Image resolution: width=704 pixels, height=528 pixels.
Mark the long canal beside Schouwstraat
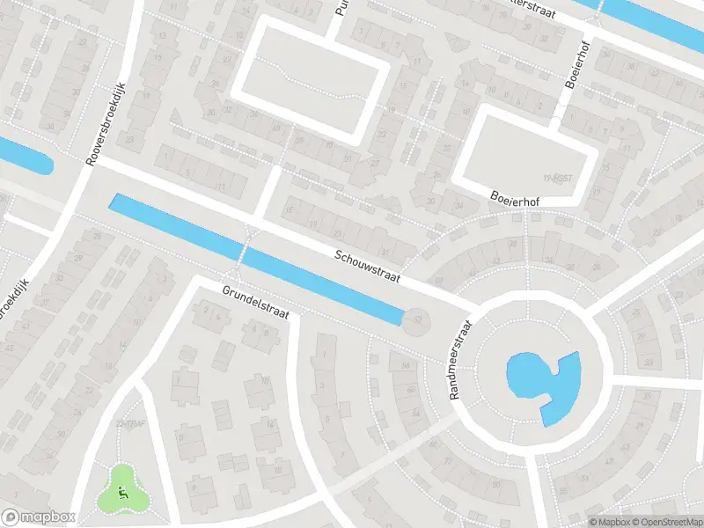tap(255, 260)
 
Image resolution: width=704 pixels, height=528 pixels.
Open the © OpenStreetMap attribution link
tap(668, 521)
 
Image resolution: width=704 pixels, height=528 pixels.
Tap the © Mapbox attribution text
tap(610, 521)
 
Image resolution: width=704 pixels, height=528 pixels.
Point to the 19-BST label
tap(552, 177)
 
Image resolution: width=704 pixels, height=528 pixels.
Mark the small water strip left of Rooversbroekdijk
tap(25, 157)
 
